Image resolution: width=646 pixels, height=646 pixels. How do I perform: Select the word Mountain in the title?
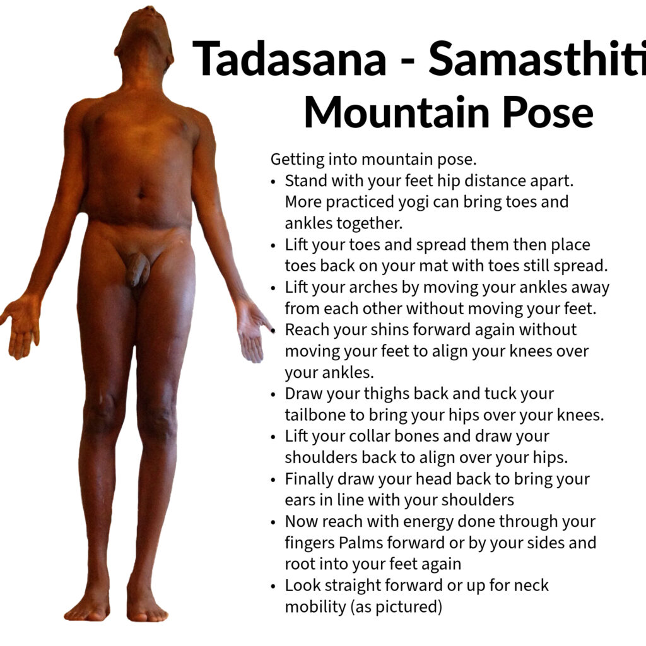pyautogui.click(x=396, y=112)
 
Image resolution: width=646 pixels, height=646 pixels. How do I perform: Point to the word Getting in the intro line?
pyautogui.click(x=298, y=160)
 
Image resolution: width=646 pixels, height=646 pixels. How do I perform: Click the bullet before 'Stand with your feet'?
pyautogui.click(x=273, y=182)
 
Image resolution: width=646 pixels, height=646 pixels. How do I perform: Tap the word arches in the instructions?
pyautogui.click(x=368, y=287)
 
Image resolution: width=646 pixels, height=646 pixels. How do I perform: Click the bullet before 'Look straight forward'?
pyautogui.click(x=273, y=586)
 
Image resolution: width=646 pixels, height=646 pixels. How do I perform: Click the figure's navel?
pyautogui.click(x=141, y=194)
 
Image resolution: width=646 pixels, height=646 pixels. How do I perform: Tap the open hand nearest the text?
pyautogui.click(x=250, y=329)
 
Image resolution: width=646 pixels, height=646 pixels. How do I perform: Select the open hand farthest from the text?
pyautogui.click(x=21, y=326)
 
